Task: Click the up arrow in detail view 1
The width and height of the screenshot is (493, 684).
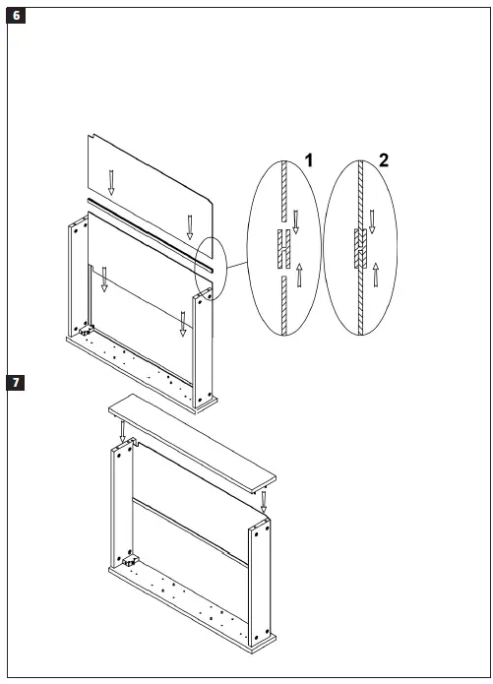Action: (x=297, y=276)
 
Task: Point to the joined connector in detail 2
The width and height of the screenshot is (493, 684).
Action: (x=358, y=245)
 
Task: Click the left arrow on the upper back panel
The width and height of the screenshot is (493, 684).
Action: (x=111, y=181)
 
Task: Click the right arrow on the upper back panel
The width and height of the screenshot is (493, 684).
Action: (x=190, y=227)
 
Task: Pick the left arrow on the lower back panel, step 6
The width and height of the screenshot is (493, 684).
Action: (x=103, y=283)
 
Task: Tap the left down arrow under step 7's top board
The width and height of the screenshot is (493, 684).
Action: (x=123, y=430)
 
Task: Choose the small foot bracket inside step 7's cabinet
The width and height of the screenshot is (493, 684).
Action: (x=128, y=562)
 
